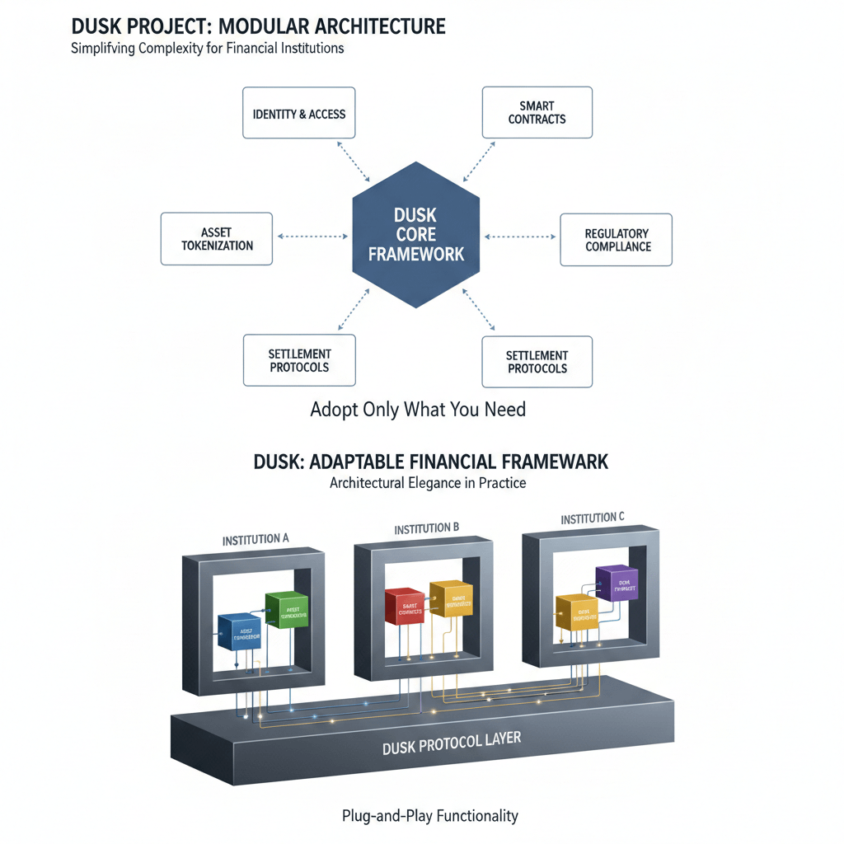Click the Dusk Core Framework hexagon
click(x=416, y=235)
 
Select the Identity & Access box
click(x=299, y=113)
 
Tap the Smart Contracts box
click(x=537, y=113)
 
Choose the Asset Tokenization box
click(x=216, y=239)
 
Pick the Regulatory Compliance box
click(x=617, y=240)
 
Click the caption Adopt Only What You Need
click(x=418, y=409)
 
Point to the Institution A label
click(x=256, y=539)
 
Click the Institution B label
click(x=426, y=528)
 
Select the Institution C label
click(x=593, y=518)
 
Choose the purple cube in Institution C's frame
click(x=617, y=586)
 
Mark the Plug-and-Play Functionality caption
click(x=429, y=816)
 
